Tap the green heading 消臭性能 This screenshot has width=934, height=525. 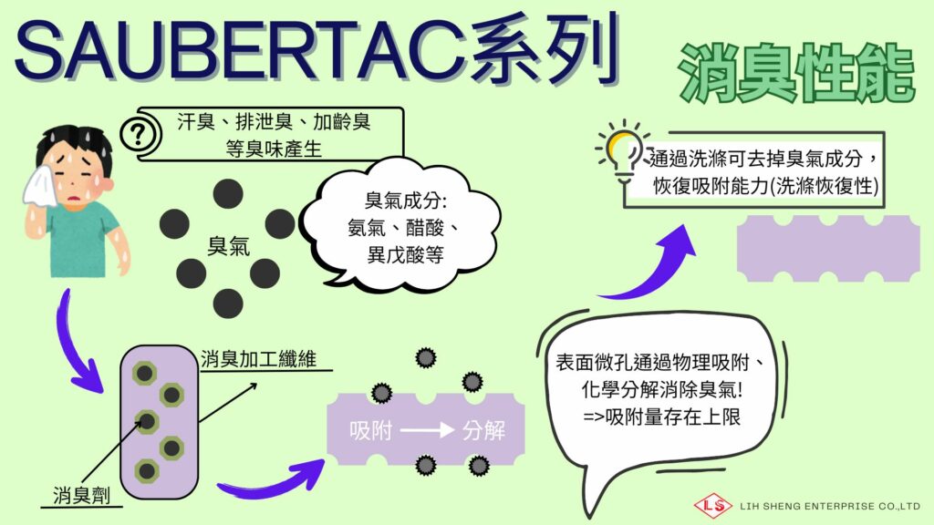coord(796,73)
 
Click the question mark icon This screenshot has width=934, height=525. coord(139,135)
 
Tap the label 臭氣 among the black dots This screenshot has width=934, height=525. coord(228,246)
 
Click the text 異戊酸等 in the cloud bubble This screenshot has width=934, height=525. coord(405,255)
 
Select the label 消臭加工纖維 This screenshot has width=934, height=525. coord(258,359)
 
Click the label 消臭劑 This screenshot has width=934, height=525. coord(81,495)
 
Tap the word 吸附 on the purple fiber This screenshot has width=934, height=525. coord(370,430)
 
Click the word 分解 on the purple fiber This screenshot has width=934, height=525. coord(483,430)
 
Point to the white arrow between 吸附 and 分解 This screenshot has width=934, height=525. coord(427,430)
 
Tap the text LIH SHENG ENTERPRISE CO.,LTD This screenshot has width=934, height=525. coord(830,507)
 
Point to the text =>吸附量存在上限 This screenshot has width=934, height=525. coord(661,417)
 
